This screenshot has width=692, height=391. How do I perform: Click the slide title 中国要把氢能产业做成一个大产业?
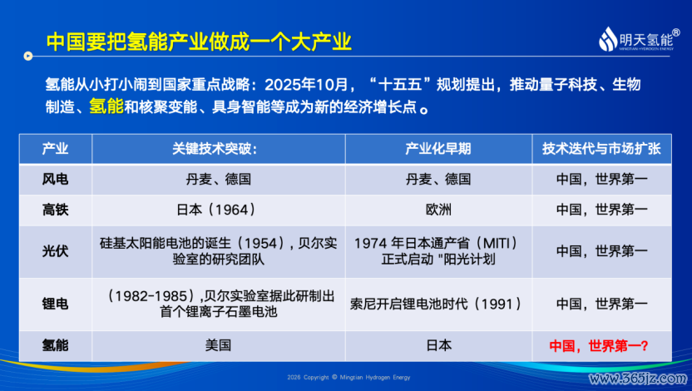199,42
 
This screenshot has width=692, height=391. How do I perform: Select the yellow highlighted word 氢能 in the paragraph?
106,106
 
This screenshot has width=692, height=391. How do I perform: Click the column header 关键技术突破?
215,149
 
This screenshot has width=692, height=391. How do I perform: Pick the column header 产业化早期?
438,149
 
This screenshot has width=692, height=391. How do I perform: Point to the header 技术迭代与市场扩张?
601,149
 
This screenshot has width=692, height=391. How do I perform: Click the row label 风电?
55,179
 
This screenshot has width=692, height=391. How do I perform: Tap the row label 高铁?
55,210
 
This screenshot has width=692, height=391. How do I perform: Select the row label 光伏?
55,251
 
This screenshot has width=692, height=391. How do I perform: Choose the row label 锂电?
55,304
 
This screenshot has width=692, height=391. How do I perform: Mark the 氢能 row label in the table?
55,345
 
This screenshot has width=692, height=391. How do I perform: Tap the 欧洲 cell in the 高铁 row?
438,210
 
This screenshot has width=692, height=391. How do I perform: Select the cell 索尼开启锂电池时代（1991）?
437,304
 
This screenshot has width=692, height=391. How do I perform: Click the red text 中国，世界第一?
599,345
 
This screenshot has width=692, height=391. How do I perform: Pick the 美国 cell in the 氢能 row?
218,345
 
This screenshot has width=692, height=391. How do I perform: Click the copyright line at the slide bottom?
348,378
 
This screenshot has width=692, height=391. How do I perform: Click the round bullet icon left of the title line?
28,56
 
